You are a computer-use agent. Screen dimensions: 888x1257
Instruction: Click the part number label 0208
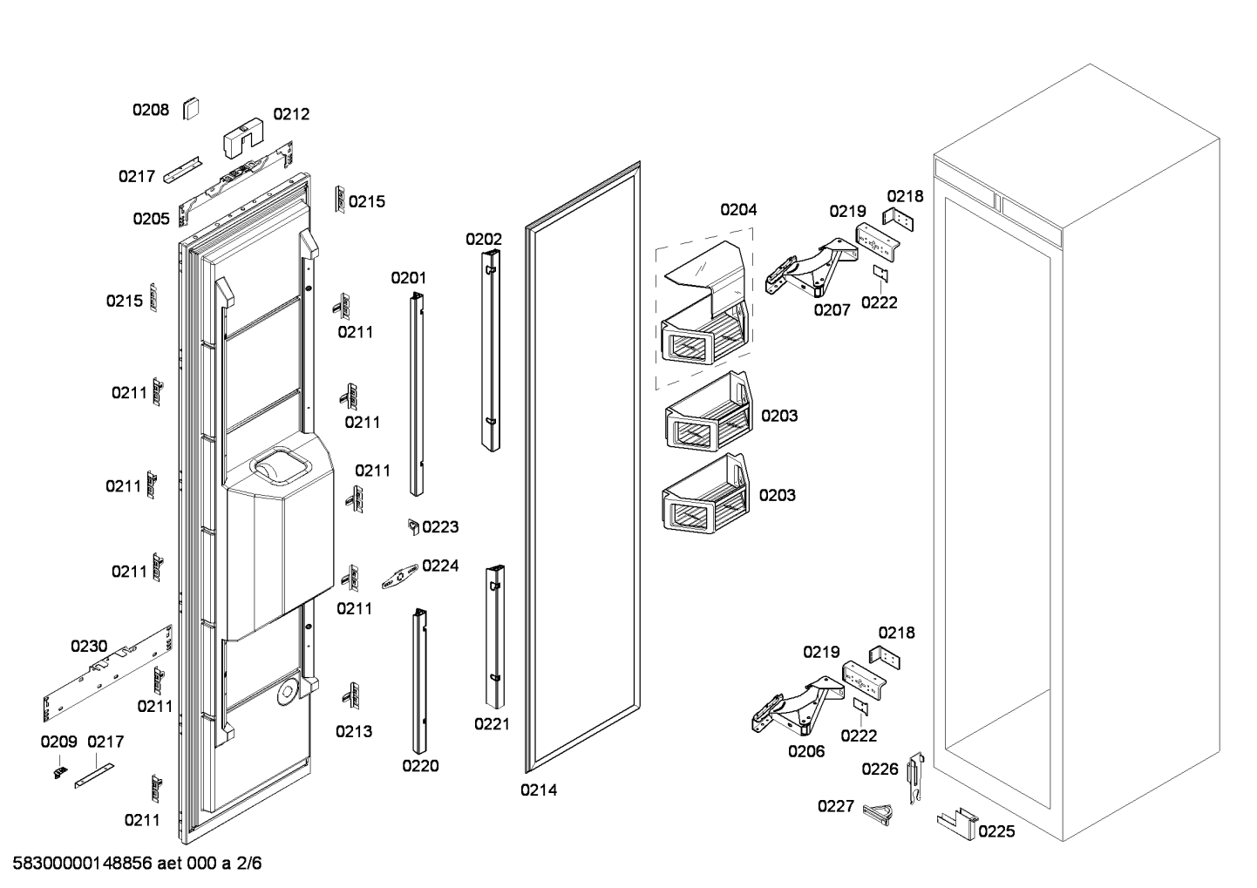[x=150, y=110]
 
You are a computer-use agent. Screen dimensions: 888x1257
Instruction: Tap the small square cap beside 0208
[x=191, y=109]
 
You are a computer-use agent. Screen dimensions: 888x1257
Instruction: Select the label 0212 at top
[x=291, y=114]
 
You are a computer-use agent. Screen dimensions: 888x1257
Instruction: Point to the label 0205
[x=151, y=219]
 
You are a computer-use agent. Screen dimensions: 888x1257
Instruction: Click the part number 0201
[x=408, y=278]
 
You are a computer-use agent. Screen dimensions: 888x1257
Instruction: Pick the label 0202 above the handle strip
[x=483, y=239]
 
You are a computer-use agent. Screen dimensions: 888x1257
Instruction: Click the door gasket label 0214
[x=539, y=790]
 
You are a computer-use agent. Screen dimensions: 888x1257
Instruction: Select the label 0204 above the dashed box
[x=738, y=209]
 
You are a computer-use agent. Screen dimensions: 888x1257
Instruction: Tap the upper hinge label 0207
[x=832, y=309]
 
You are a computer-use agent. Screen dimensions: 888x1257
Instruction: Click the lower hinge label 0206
[x=806, y=750]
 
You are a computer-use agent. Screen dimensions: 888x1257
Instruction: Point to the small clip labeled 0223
[x=413, y=526]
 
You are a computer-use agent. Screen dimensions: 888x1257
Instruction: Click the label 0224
[x=440, y=566]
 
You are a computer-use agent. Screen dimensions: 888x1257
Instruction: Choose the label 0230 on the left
[x=89, y=646]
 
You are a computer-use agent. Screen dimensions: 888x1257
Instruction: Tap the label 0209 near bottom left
[x=58, y=742]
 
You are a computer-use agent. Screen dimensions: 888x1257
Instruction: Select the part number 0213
[x=354, y=731]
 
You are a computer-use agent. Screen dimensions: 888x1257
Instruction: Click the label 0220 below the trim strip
[x=420, y=766]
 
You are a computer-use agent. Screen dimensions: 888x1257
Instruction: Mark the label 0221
[x=492, y=723]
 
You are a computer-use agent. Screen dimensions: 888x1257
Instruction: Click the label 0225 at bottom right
[x=996, y=831]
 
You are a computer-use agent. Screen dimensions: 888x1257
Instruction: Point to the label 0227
[x=835, y=806]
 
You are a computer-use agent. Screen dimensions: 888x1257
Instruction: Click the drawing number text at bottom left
[x=137, y=864]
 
